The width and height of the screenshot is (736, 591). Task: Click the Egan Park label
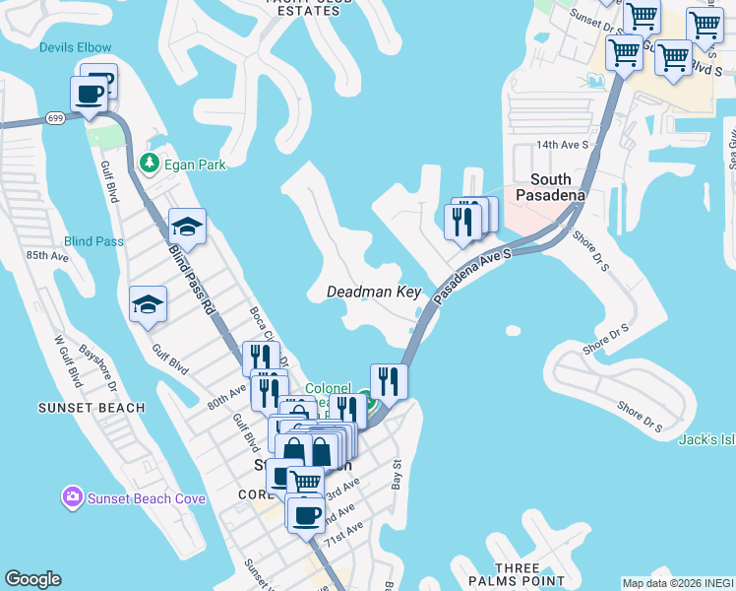(x=195, y=164)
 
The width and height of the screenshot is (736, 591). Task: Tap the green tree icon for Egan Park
(x=149, y=162)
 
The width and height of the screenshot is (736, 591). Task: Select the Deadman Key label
(x=374, y=293)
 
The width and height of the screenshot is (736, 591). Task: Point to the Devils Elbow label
(x=76, y=47)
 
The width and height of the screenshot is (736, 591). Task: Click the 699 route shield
(x=55, y=117)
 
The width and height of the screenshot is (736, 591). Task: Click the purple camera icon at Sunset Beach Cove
(x=72, y=497)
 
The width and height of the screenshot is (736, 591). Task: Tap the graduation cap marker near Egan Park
(x=187, y=228)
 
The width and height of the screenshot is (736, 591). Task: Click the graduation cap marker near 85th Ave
(x=148, y=303)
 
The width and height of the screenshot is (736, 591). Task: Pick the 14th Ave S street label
(x=562, y=144)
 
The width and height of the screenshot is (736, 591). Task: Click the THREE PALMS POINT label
(x=518, y=575)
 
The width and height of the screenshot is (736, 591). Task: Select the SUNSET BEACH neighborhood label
(x=91, y=408)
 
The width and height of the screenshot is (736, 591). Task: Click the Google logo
(x=33, y=579)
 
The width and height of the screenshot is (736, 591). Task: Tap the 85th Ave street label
(x=47, y=256)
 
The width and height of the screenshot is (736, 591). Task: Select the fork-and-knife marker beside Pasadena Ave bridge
(x=389, y=379)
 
